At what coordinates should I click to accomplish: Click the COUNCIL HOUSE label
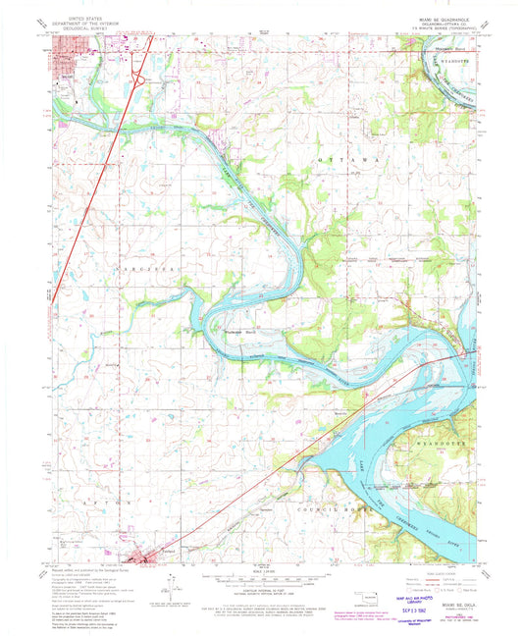[x=330, y=510]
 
